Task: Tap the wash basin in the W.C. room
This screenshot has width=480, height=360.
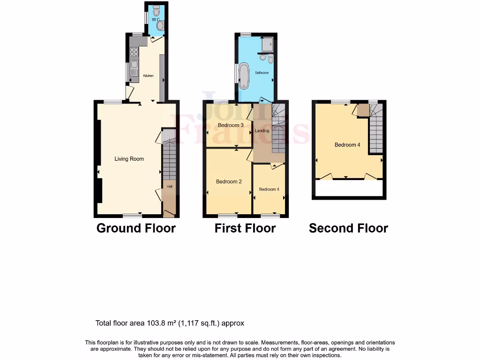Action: click(160, 26)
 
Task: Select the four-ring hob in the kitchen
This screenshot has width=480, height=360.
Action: click(134, 52)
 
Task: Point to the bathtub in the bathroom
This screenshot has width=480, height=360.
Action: click(244, 75)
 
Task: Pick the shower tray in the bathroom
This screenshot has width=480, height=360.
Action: click(268, 44)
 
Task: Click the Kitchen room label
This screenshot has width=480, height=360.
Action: click(149, 75)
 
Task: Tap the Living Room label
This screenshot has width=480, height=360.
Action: click(129, 159)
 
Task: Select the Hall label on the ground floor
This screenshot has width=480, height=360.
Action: click(170, 187)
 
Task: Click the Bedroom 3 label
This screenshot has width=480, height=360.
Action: click(231, 125)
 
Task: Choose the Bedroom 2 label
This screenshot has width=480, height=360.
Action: click(229, 181)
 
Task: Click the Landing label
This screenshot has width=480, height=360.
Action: click(262, 131)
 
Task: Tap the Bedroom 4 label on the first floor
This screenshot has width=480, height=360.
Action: click(269, 189)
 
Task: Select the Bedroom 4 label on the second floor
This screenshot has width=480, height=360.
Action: click(347, 145)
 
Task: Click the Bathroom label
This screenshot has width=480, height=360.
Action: click(262, 73)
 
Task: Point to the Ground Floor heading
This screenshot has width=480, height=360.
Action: click(136, 228)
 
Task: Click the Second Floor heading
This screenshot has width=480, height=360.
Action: click(348, 228)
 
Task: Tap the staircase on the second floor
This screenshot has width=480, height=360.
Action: click(375, 129)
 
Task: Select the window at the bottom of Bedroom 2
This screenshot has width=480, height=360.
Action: click(228, 216)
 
